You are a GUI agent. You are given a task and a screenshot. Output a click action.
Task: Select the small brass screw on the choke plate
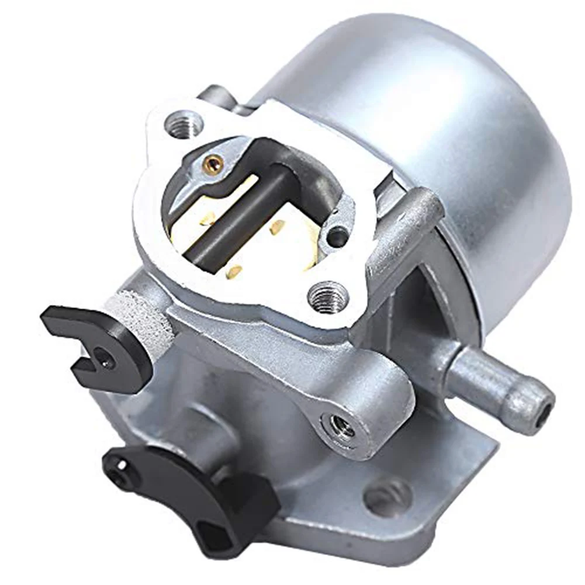[x=214, y=162]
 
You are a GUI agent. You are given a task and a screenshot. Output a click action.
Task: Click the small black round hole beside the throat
[x=337, y=237]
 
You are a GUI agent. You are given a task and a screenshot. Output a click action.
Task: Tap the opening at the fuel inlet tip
[x=545, y=404]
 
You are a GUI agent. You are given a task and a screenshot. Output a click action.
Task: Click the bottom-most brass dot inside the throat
[x=235, y=271]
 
